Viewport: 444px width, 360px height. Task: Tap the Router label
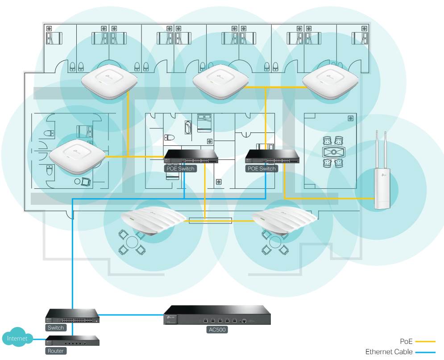(56, 351)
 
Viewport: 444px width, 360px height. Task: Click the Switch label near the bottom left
(56, 328)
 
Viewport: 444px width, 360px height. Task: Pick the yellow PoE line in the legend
(425, 342)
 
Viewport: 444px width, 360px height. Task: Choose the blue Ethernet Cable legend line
(425, 352)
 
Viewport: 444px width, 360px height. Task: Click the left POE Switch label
(180, 169)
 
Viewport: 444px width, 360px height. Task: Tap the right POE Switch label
(261, 169)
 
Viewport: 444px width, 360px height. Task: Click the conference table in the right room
(333, 152)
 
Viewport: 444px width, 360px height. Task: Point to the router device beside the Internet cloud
(72, 342)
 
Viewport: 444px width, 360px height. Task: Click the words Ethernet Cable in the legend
(388, 352)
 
